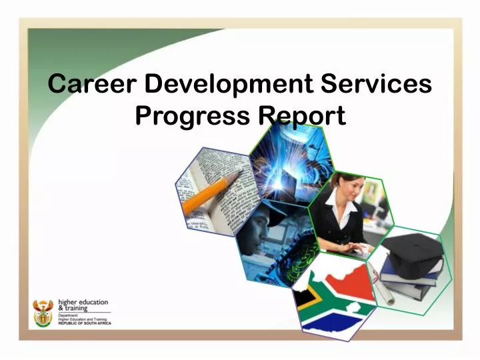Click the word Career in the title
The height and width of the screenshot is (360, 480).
(93, 85)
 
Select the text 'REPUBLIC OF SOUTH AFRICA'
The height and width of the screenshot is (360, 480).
(84, 323)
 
